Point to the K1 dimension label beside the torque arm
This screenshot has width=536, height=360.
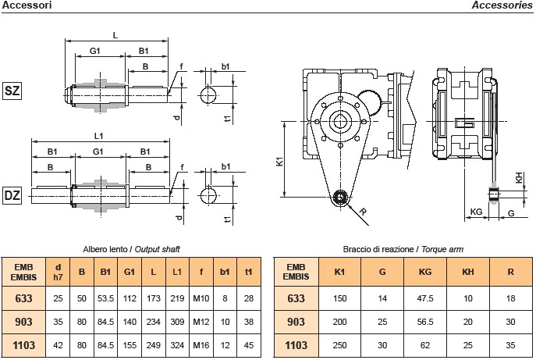click(280, 163)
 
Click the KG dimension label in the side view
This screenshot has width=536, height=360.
click(476, 212)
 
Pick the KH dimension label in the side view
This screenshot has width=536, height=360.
click(520, 177)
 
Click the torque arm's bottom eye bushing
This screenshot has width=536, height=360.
click(339, 198)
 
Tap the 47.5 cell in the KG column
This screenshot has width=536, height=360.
click(425, 298)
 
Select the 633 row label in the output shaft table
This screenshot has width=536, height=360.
click(23, 298)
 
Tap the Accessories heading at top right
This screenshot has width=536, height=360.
click(502, 5)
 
